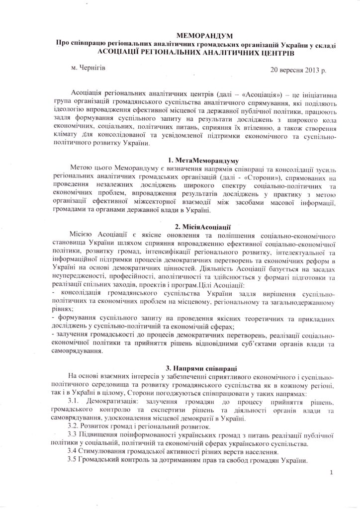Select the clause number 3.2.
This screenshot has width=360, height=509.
[x=74, y=426]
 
